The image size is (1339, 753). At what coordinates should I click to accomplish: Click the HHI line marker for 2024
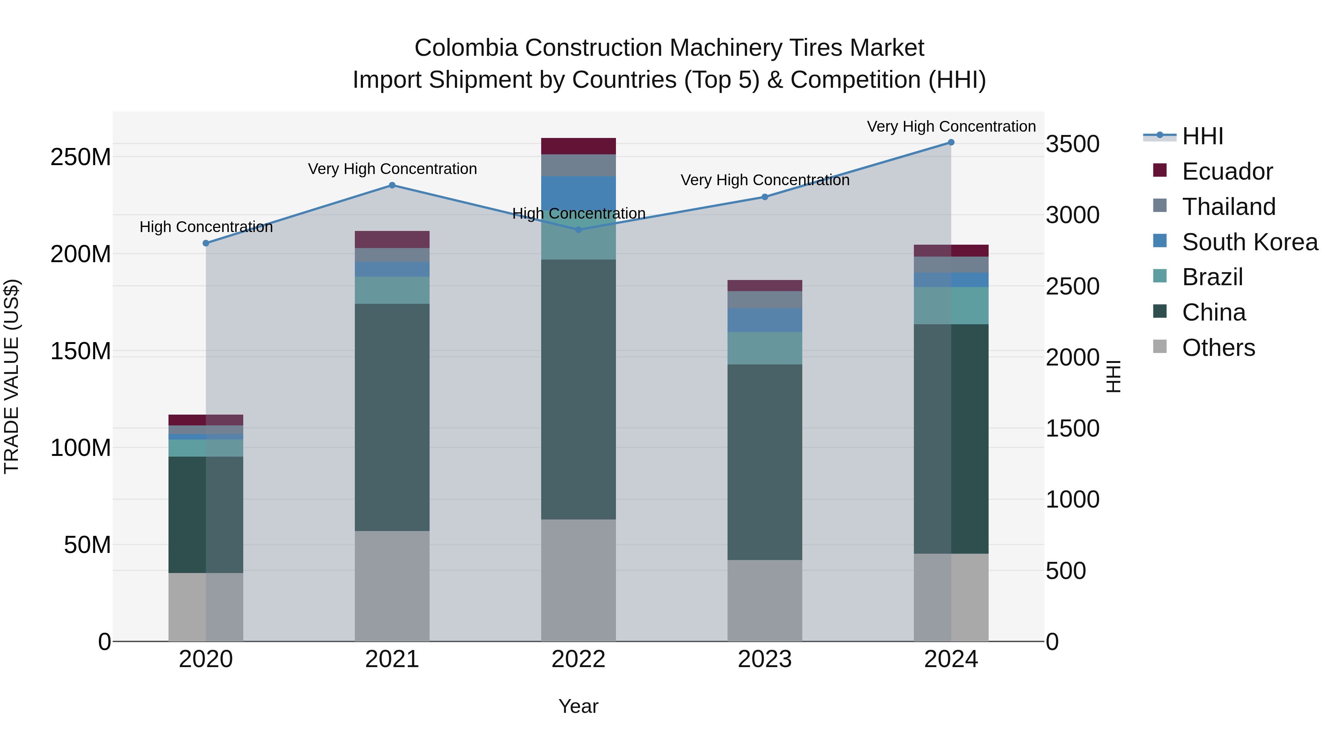click(x=951, y=142)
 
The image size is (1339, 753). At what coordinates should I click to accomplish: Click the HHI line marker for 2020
click(x=206, y=243)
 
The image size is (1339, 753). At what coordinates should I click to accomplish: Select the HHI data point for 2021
click(x=392, y=186)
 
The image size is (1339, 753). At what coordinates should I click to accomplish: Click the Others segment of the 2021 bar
click(x=392, y=586)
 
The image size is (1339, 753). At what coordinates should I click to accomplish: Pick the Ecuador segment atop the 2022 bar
click(x=578, y=146)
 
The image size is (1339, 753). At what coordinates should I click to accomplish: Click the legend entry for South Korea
click(x=1250, y=242)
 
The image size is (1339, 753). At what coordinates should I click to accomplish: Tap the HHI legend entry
click(x=1202, y=136)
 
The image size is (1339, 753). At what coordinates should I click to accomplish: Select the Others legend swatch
click(x=1160, y=347)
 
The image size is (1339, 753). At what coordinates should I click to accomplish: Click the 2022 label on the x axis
click(x=578, y=659)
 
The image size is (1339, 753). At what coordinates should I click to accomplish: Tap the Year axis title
click(x=578, y=706)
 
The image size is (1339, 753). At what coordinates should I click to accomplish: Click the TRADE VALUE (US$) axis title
click(x=12, y=376)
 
